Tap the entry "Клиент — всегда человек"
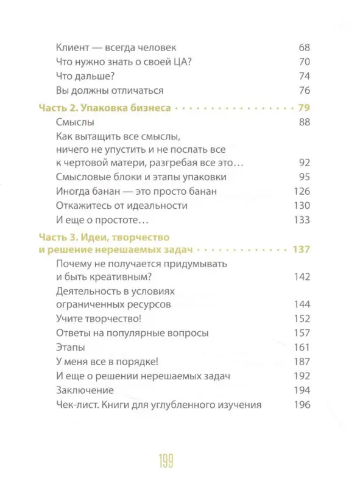[x=119, y=47]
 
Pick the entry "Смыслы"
[x=74, y=122]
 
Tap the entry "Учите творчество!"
[x=97, y=318]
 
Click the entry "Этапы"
[x=69, y=347]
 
